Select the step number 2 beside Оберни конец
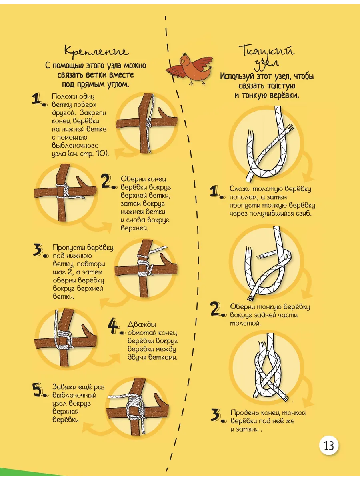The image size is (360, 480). coord(107,181)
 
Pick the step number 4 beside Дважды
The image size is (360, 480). coord(114,327)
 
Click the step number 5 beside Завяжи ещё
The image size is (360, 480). coord(38,390)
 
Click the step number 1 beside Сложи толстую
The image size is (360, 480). coord(215,191)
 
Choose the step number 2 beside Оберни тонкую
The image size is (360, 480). coord(216,308)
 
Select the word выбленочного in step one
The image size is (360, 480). coord(75,146)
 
